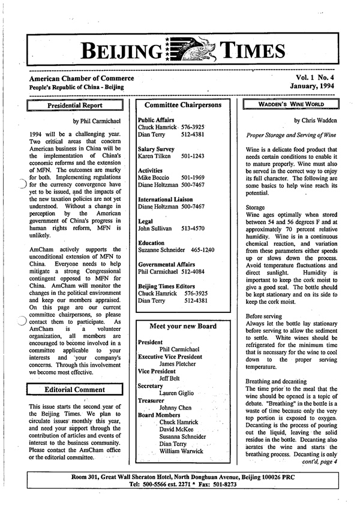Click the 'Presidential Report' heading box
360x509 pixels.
coord(75,106)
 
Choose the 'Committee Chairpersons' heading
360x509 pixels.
coord(185,103)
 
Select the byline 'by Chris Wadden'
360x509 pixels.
coord(314,121)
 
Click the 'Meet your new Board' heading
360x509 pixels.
coord(185,326)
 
